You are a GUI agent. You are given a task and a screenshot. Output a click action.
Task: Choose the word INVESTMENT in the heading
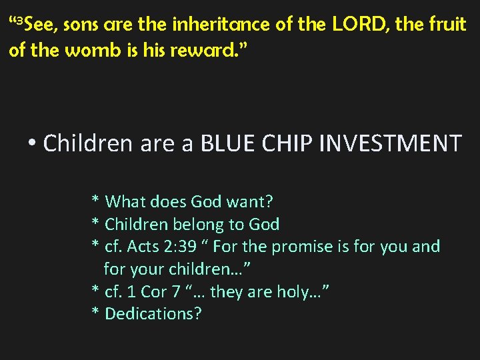tap(393, 143)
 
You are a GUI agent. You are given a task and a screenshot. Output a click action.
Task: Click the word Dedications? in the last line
tap(153, 313)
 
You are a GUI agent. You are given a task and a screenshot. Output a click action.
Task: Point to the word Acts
tap(141, 247)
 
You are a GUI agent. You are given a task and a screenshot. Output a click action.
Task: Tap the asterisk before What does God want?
tap(96, 201)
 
